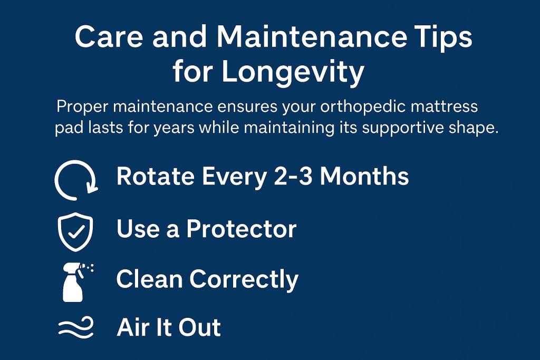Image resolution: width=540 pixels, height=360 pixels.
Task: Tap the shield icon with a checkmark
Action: pyautogui.click(x=75, y=231)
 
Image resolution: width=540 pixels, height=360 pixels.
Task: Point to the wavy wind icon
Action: pyautogui.click(x=76, y=327)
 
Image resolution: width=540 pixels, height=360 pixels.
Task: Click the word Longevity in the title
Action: pyautogui.click(x=293, y=72)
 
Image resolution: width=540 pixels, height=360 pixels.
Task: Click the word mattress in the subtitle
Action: pyautogui.click(x=444, y=106)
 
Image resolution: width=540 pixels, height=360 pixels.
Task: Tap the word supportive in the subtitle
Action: pyautogui.click(x=402, y=129)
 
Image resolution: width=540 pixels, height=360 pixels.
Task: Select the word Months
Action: pyautogui.click(x=364, y=176)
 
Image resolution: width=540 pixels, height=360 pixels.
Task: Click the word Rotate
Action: pyautogui.click(x=156, y=176)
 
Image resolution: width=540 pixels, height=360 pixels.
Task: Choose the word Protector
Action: pyautogui.click(x=242, y=229)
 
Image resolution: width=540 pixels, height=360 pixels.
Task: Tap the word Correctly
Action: pyautogui.click(x=244, y=280)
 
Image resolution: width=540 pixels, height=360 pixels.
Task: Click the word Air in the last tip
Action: pyautogui.click(x=132, y=327)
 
